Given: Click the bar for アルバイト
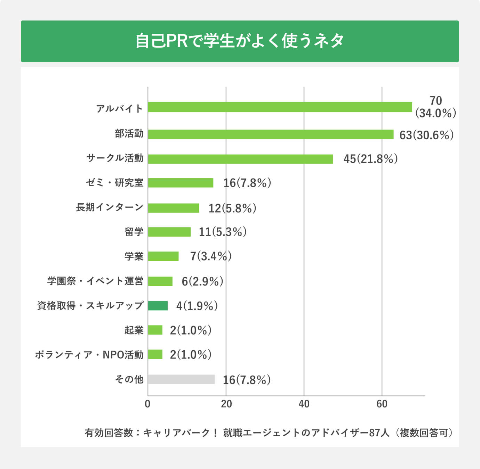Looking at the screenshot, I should (280, 107).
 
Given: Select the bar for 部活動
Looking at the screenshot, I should (270, 134).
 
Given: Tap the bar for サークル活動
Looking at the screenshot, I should (240, 159).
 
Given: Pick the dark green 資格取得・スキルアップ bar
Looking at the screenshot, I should (158, 306).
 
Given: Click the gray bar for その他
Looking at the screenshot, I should (181, 379).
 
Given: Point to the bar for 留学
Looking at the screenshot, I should (169, 232).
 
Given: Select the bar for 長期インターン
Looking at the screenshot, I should (173, 208).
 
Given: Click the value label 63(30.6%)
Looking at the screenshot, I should (426, 135).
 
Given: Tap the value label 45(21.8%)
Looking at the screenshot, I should (370, 159).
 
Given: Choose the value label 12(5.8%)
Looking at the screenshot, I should (232, 208).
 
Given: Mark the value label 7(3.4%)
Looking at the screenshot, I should (211, 256).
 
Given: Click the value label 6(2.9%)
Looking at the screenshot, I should (202, 281).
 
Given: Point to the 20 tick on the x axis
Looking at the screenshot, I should (226, 404).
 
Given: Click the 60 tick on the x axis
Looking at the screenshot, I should (382, 404).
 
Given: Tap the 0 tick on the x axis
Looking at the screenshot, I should (148, 404).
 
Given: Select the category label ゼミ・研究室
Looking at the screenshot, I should (114, 182).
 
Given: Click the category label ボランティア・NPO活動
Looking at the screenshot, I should (89, 355).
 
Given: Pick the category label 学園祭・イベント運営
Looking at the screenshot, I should (95, 281).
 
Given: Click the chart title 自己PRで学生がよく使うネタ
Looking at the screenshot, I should (240, 41).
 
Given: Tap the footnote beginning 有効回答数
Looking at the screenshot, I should (269, 433).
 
